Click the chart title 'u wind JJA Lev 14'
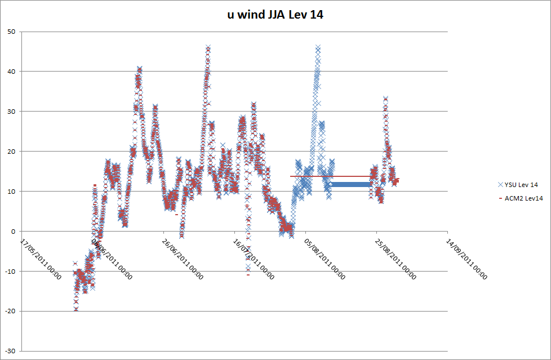click(x=275, y=15)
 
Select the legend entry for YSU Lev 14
click(x=518, y=185)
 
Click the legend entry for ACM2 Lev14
click(x=518, y=198)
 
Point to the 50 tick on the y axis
click(x=11, y=32)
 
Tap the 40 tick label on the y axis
click(x=11, y=72)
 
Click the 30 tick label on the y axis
click(x=11, y=112)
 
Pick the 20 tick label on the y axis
click(x=11, y=152)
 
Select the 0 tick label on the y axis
click(x=12, y=231)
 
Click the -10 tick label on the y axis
click(x=10, y=271)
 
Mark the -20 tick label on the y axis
click(x=10, y=311)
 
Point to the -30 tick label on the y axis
click(x=10, y=351)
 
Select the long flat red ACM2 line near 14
click(x=332, y=176)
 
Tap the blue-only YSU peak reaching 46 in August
click(x=318, y=48)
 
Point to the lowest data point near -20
click(x=76, y=309)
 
